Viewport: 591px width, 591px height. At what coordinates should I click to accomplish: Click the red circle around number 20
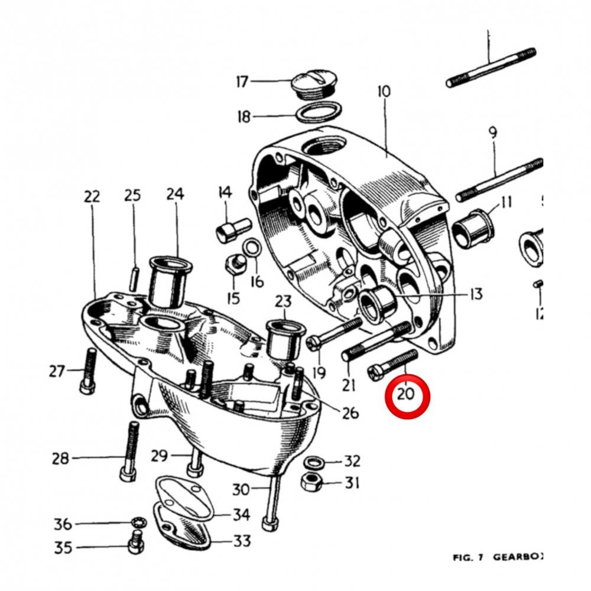click(407, 396)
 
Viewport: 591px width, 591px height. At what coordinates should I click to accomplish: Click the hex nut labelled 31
click(310, 481)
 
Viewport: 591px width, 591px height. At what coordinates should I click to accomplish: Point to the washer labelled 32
click(313, 462)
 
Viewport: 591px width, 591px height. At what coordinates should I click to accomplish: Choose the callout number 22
click(92, 197)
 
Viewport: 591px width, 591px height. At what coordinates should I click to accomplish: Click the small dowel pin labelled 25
click(135, 275)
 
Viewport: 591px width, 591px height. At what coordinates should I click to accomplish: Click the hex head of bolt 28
click(126, 475)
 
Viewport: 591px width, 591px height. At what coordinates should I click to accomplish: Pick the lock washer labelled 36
click(136, 523)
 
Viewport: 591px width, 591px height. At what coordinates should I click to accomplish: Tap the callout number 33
click(241, 541)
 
